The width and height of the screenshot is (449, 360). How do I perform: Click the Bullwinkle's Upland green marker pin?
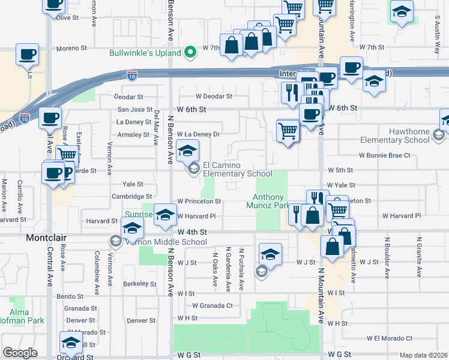(x=191, y=53)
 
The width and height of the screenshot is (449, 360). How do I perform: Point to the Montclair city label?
(x=46, y=238)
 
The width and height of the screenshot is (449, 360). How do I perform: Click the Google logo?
(x=20, y=352)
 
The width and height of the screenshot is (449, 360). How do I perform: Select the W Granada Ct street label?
(x=212, y=305)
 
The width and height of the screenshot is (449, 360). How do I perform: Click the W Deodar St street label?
(x=214, y=96)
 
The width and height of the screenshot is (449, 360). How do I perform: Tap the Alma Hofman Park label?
(x=23, y=317)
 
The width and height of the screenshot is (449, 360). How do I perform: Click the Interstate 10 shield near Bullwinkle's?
(x=132, y=75)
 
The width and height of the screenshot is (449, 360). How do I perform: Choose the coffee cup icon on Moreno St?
(x=28, y=55)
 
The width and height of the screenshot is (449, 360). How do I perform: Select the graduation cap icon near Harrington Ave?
(x=401, y=12)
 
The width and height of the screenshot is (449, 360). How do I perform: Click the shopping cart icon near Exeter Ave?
(x=68, y=155)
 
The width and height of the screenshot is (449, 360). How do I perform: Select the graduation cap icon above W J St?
(x=271, y=254)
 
